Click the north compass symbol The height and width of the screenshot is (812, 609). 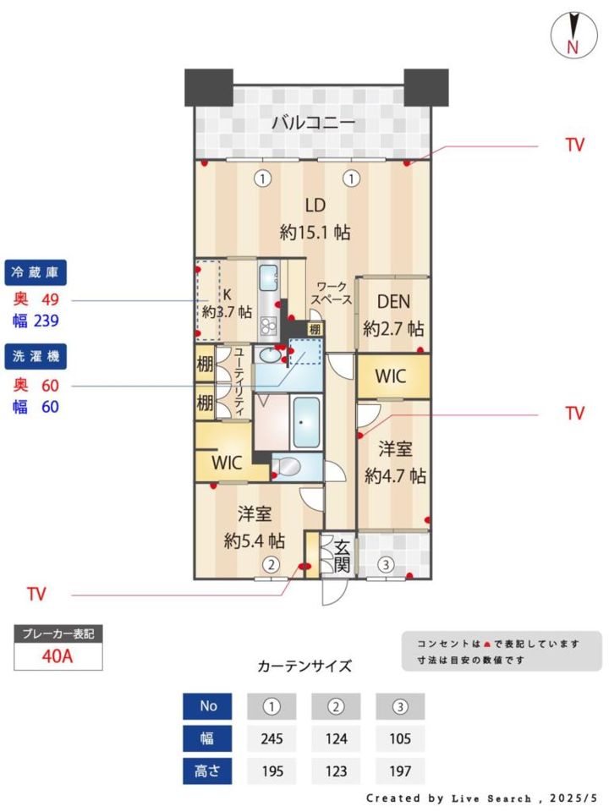(573, 35)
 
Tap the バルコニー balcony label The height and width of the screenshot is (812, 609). (313, 123)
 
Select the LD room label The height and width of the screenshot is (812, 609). (315, 206)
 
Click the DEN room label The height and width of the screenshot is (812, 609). (393, 302)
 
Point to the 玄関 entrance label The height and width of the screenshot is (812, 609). (341, 556)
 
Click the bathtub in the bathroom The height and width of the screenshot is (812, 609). (305, 422)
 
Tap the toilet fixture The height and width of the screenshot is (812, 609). (287, 467)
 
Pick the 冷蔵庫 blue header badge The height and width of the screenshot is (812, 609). (36, 272)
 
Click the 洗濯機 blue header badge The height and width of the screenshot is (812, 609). (36, 356)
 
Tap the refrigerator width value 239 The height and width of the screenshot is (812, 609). (46, 321)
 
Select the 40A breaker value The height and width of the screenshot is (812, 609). (58, 656)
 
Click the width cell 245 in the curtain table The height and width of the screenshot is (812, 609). (272, 738)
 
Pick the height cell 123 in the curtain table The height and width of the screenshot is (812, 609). (336, 771)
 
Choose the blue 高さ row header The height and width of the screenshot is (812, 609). (207, 771)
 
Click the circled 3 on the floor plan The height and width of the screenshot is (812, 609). (386, 564)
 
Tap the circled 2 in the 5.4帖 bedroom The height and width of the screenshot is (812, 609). (271, 564)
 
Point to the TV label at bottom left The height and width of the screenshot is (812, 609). (36, 594)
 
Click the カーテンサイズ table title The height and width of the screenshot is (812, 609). (304, 666)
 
